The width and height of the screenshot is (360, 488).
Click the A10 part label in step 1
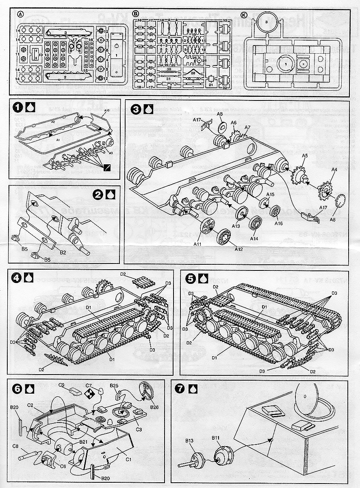107,111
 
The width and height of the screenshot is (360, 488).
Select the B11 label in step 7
215,438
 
